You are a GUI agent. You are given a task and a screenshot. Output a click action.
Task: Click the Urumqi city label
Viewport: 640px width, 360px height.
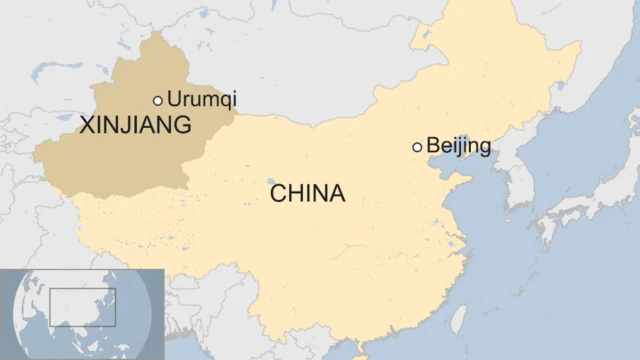(x=203, y=99)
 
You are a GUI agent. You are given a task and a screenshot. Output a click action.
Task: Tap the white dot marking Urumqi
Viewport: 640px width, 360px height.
(x=158, y=100)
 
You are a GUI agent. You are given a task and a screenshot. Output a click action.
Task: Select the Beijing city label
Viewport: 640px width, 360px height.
(x=458, y=146)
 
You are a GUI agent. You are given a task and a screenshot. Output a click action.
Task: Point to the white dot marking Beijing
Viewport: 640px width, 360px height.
(x=417, y=147)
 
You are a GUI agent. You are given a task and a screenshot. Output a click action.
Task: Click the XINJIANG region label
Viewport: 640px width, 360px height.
(x=135, y=125)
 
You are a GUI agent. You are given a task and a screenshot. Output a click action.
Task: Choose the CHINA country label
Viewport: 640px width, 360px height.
(x=307, y=192)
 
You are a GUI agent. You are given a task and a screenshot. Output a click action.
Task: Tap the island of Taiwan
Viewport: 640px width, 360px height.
(x=458, y=319)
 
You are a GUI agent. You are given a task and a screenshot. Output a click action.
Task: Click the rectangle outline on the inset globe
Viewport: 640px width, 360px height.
(x=83, y=307)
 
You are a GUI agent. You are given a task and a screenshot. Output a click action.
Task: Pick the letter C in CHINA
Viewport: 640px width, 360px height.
(x=278, y=192)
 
